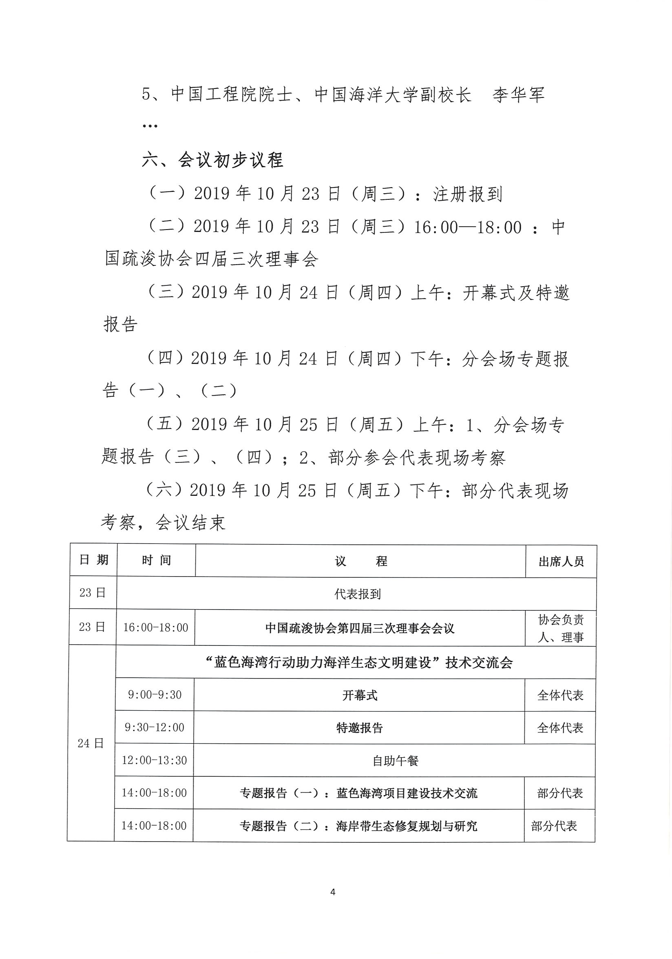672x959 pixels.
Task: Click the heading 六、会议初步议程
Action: point(212,160)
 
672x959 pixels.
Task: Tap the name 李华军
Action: point(518,95)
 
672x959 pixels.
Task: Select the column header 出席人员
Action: point(561,561)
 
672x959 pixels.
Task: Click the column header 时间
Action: point(156,561)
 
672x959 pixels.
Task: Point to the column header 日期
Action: point(93,560)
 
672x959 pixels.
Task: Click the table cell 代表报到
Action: point(357,594)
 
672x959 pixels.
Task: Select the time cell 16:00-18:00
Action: point(155,628)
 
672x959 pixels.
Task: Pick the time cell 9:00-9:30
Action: point(155,695)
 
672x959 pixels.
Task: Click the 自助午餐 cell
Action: point(395,760)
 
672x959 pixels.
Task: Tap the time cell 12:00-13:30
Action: point(154,760)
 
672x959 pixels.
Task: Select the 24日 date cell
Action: point(91,743)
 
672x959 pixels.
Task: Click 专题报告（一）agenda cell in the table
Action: point(358,793)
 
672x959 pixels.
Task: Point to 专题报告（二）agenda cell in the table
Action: point(358,826)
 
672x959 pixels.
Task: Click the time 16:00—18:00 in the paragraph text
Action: point(467,228)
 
